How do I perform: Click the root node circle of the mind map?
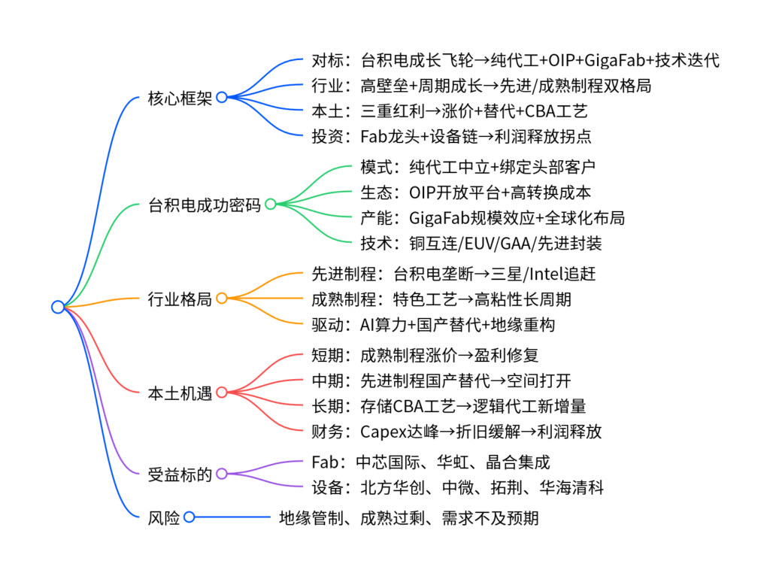click(x=58, y=306)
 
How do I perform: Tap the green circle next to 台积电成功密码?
click(x=270, y=203)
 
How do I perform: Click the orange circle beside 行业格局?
click(x=222, y=298)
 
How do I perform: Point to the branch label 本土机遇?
click(x=180, y=393)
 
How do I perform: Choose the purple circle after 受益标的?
click(x=222, y=474)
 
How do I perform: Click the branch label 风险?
click(x=164, y=517)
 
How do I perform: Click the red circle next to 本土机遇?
click(x=222, y=392)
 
